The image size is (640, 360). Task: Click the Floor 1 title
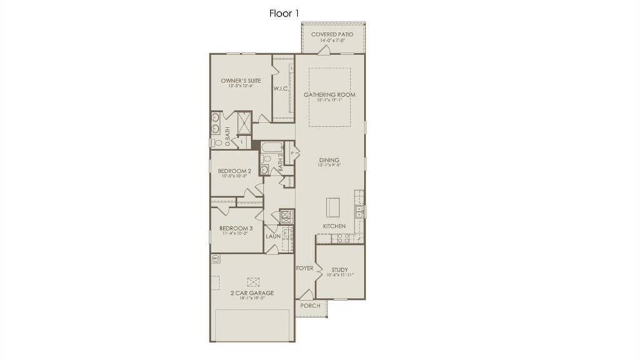tap(284, 13)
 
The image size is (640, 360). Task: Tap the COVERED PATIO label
tap(332, 34)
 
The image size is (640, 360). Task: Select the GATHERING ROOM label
tap(329, 95)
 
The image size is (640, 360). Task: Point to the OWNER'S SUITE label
tap(241, 81)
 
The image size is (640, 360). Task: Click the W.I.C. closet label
tap(281, 89)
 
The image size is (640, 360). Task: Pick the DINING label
tap(329, 160)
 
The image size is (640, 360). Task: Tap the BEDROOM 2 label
tap(234, 171)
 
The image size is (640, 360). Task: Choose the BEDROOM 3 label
tap(236, 229)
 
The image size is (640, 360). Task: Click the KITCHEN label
tap(334, 226)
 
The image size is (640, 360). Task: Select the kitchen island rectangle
tap(332, 206)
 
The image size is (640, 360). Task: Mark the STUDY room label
tap(340, 270)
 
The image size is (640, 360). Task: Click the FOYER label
tap(304, 268)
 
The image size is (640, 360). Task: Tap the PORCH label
tap(310, 306)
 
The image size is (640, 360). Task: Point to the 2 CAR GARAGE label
tap(252, 292)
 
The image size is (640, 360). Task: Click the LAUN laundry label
tap(273, 237)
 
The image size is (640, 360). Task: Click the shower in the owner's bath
tap(242, 122)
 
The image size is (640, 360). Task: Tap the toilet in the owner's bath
tap(216, 142)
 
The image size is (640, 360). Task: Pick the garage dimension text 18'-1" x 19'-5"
tap(252, 299)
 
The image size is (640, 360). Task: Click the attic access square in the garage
tap(253, 282)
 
